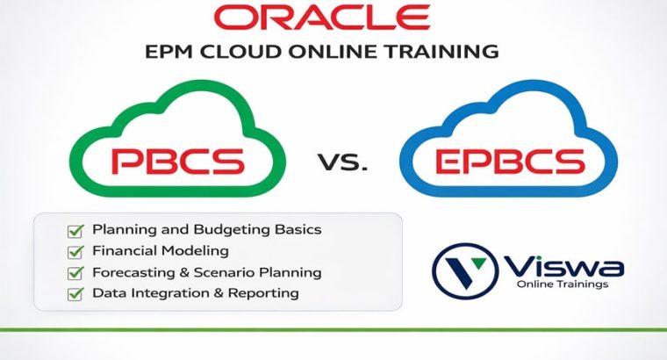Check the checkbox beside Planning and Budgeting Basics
(75, 231)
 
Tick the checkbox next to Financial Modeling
(75, 252)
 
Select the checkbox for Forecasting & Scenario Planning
(75, 273)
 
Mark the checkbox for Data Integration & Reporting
(75, 294)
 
